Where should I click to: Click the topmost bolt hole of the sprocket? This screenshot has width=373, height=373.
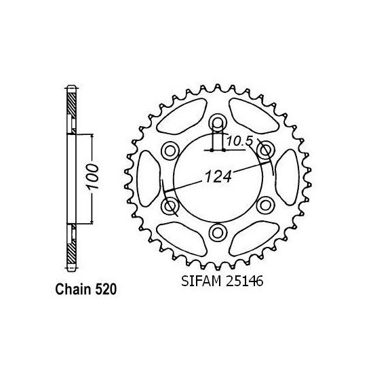[x=218, y=121]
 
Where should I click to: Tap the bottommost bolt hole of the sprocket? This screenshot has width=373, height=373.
[x=218, y=233]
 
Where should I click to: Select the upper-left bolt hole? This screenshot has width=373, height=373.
[x=170, y=149]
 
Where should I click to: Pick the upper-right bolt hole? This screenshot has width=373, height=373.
[x=266, y=149]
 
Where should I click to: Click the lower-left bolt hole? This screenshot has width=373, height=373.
[x=170, y=205]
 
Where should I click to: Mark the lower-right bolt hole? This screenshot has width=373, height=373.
[x=266, y=205]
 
